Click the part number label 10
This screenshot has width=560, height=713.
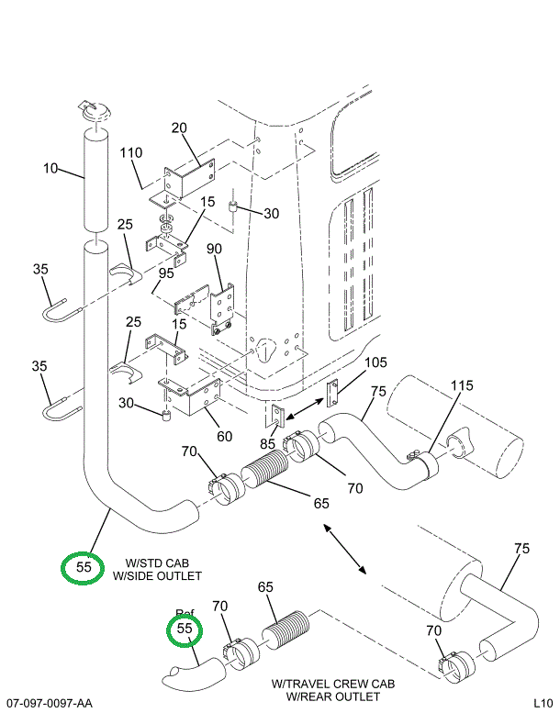pos(50,168)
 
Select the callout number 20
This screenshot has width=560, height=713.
pos(179,128)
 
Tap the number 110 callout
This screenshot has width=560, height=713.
pos(130,153)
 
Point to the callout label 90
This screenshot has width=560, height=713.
pos(214,250)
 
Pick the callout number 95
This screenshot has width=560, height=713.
pos(166,273)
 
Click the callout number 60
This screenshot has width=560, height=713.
pos(224,436)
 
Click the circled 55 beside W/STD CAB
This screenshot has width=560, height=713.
pos(83,568)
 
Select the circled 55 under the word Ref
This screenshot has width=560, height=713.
pos(185,629)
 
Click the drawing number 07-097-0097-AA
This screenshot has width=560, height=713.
pos(48,703)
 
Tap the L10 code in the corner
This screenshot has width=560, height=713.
pos(543,703)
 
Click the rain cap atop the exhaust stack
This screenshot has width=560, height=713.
pos(95,110)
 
